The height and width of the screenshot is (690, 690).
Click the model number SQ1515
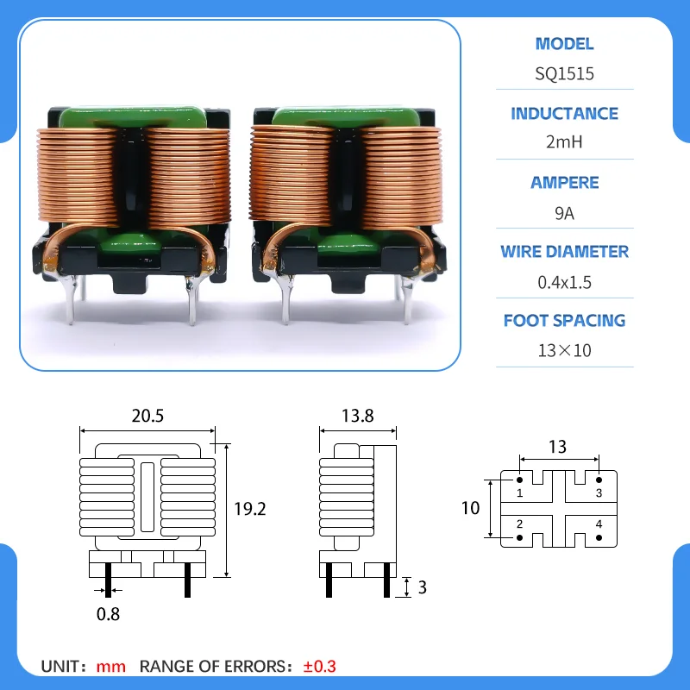click(564, 73)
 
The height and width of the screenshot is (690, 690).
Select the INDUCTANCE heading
click(564, 114)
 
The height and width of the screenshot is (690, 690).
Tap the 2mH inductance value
click(564, 142)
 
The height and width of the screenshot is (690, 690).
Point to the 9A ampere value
click(564, 213)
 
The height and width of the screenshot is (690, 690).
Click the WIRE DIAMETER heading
click(564, 252)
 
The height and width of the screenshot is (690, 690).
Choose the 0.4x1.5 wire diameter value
click(564, 283)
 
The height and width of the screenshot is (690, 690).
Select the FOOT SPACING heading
click(564, 320)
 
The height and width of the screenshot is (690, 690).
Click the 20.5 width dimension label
click(147, 416)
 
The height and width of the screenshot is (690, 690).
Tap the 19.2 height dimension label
click(249, 509)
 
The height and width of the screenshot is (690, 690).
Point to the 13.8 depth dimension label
click(358, 416)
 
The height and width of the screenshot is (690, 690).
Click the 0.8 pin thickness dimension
click(108, 614)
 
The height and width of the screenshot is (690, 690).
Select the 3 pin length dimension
click(422, 587)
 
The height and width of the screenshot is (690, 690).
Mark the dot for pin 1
click(520, 480)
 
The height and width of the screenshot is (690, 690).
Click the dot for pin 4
click(599, 537)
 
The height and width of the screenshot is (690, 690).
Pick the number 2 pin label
click(520, 524)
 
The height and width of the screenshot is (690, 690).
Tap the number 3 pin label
click(599, 493)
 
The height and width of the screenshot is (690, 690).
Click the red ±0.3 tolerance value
click(319, 667)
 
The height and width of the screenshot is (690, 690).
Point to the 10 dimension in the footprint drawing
click(470, 508)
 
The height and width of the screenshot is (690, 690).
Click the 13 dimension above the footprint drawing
click(557, 447)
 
